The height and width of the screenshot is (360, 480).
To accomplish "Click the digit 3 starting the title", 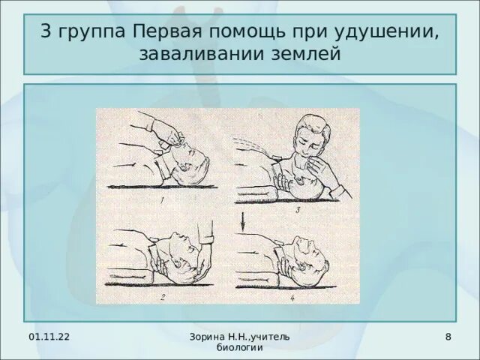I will pyautogui.click(x=47, y=34).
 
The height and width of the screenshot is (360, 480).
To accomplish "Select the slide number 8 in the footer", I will pyautogui.click(x=448, y=337).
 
